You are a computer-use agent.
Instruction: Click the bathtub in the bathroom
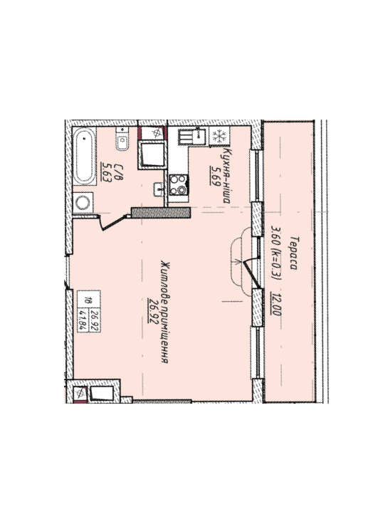pos(84,156)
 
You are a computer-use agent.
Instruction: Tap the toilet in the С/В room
pos(122,140)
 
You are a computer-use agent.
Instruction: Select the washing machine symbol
pos(83,202)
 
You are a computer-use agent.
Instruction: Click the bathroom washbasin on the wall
pos(159,189)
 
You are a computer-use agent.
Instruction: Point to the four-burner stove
pos(179,185)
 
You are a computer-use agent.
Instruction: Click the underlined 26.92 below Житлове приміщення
pos(153,310)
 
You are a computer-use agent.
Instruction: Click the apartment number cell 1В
pos(86,301)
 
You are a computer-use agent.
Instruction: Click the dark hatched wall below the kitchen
pos(161,213)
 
